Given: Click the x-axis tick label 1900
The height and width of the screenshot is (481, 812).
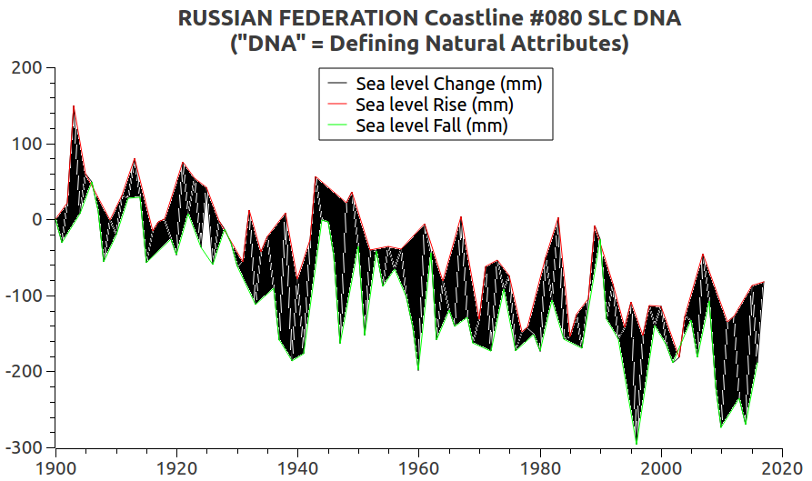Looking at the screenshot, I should [x=55, y=467].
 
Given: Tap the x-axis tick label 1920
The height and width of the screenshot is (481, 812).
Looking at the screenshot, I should [x=176, y=467].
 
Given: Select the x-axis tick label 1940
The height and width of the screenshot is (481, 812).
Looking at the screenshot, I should [x=297, y=467].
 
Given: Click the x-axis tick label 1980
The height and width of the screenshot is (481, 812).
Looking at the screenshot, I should [x=540, y=467].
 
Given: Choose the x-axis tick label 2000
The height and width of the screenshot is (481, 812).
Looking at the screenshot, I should [x=661, y=467].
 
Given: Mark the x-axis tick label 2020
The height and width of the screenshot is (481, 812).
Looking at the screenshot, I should [x=782, y=467].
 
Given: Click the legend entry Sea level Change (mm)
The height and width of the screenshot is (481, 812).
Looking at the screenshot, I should [x=448, y=85].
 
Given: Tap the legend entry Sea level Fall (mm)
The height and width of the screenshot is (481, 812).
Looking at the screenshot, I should [x=431, y=126].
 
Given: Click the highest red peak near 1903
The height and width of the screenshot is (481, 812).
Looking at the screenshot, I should [x=74, y=106].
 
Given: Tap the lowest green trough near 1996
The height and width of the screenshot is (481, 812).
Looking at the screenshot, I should [x=637, y=444].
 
